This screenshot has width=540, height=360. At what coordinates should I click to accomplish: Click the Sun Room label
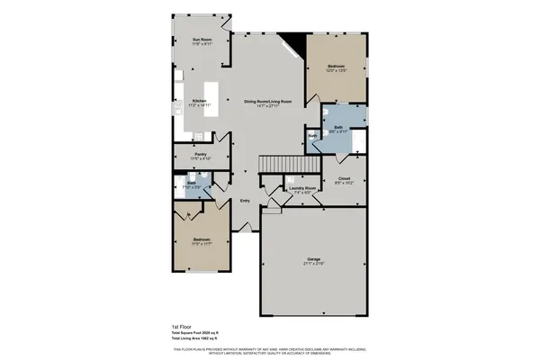[x=201, y=40]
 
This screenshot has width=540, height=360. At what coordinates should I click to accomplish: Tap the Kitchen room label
[x=200, y=101]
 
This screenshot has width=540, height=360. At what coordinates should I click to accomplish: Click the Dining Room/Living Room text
[x=267, y=102]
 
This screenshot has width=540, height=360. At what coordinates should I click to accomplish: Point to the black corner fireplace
[x=292, y=42]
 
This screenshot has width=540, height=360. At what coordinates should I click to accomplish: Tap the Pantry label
[x=202, y=155]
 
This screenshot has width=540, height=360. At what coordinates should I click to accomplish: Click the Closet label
[x=344, y=178]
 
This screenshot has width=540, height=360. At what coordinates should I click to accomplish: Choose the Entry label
[x=245, y=201]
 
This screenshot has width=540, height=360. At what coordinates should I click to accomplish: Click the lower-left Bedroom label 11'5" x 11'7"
[x=201, y=239]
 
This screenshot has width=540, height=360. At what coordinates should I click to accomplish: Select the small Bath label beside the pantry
[x=192, y=183]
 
